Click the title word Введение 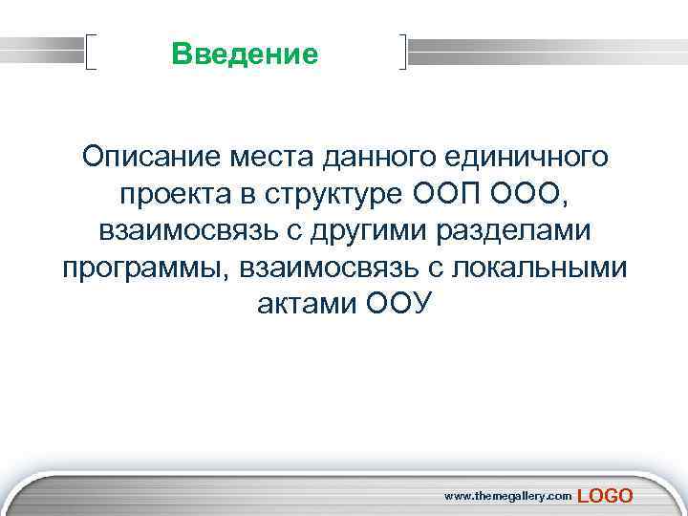pyautogui.click(x=245, y=54)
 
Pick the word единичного pyautogui.click(x=524, y=154)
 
